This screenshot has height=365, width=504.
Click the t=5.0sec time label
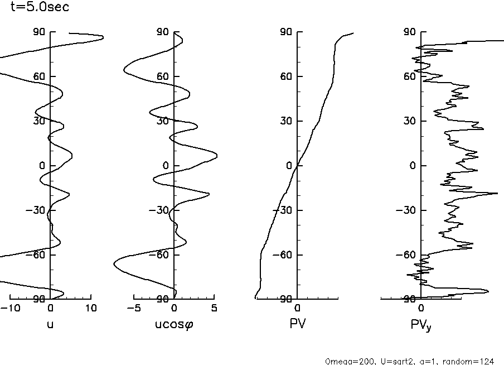click(x=41, y=8)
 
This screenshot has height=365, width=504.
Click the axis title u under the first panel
click(x=50, y=323)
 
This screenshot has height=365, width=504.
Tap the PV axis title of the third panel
click(x=297, y=323)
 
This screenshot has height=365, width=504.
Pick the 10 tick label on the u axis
click(x=91, y=308)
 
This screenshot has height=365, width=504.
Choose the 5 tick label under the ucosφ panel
click(x=215, y=308)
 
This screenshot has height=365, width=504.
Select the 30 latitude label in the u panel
click(x=38, y=121)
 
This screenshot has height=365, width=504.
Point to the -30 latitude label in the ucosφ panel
click(x=160, y=210)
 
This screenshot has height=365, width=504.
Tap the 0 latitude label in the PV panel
click(x=289, y=166)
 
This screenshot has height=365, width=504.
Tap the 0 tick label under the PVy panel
click(x=421, y=308)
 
